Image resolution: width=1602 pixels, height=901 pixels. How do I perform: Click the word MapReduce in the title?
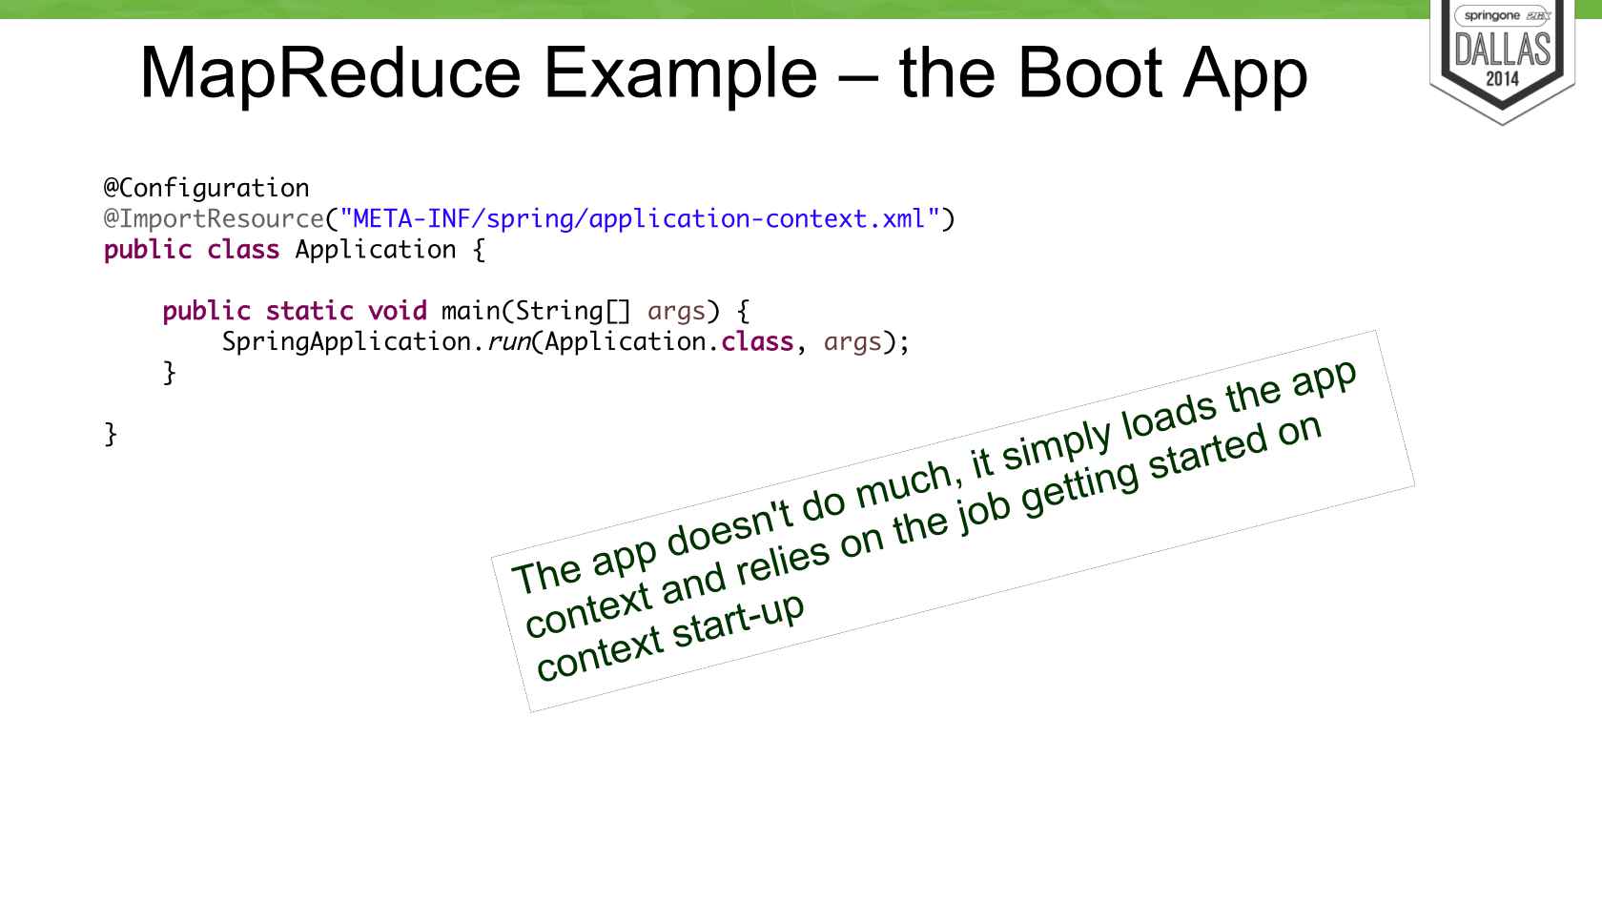330,73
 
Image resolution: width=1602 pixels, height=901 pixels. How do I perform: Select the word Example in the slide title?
680,73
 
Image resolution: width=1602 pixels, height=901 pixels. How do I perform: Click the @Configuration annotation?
207,188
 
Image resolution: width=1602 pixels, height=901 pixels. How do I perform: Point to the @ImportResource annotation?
214,219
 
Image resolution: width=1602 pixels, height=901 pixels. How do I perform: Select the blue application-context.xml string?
639,219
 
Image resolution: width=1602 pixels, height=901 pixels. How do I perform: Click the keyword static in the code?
310,311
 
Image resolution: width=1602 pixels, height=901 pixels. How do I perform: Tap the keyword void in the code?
398,311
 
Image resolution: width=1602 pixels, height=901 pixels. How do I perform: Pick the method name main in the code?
471,311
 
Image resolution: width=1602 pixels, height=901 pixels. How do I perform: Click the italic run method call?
508,342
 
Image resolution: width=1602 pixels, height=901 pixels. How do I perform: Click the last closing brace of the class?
111,434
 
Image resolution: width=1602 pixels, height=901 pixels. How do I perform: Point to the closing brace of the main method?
170,373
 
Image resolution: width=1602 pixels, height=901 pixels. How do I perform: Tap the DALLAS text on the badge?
1503,49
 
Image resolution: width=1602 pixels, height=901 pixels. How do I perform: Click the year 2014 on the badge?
1502,79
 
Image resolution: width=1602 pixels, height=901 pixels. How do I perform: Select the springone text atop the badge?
1492,16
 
